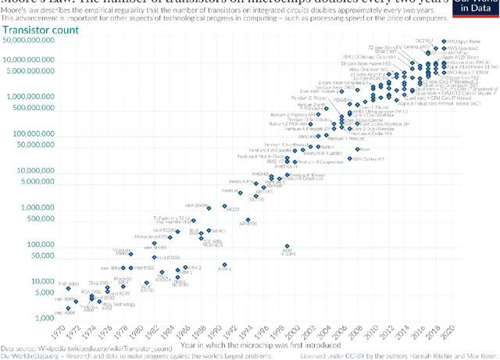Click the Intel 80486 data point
[210, 206]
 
